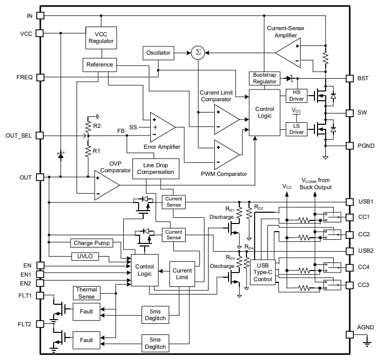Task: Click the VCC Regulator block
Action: [x=101, y=37]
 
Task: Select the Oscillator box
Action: [x=158, y=53]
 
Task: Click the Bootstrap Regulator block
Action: [x=264, y=78]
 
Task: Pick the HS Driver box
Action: [x=297, y=95]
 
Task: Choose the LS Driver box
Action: [x=297, y=128]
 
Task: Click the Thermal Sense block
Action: [x=86, y=292]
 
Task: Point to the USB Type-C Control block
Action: [x=262, y=272]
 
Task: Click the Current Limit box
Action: [x=182, y=274]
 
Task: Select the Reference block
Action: [x=99, y=65]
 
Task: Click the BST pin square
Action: [x=350, y=78]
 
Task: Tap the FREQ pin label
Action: [x=24, y=77]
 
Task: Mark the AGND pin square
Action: [x=350, y=334]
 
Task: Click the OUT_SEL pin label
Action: [x=19, y=136]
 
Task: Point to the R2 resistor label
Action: [x=96, y=125]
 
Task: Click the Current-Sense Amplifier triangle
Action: [x=290, y=53]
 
